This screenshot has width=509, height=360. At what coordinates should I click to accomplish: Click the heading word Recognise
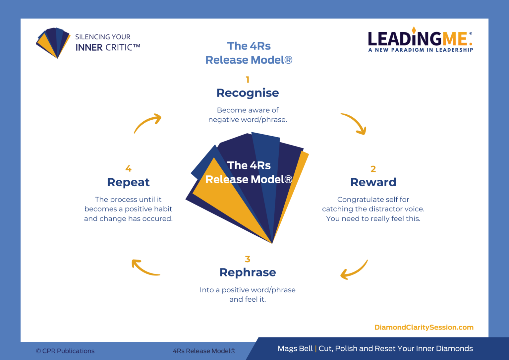(248, 93)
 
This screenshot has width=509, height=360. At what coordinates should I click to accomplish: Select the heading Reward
(373, 182)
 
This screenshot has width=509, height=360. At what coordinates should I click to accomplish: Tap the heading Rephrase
(248, 272)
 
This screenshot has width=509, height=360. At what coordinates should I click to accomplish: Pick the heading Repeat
(128, 182)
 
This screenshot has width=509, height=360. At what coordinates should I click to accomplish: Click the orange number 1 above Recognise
(248, 80)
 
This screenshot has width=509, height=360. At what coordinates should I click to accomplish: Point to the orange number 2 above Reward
(373, 169)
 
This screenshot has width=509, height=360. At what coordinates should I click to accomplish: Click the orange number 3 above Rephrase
(248, 259)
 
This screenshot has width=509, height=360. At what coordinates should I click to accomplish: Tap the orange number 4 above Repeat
(128, 169)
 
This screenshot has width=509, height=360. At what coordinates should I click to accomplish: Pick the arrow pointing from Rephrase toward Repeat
(145, 268)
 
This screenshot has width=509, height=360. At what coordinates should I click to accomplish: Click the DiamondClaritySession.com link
(424, 328)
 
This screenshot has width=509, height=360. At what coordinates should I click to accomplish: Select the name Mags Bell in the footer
(295, 349)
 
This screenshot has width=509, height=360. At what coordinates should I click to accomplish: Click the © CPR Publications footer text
(65, 351)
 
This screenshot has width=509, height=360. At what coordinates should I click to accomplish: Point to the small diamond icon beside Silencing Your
(53, 42)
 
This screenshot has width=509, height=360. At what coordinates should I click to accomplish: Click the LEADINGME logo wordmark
(420, 39)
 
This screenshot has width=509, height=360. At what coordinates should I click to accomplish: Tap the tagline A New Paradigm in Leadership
(421, 50)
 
